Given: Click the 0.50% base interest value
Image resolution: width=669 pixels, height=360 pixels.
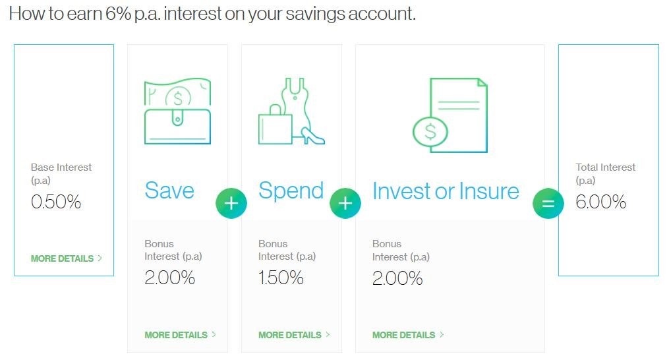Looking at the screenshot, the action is pos(56,202).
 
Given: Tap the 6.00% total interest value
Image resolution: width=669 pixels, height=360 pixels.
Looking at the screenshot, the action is pos(600,202).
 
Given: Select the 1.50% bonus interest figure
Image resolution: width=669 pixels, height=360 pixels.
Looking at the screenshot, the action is pos(281,278).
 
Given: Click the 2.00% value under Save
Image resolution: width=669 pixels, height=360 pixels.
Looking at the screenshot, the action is pos(170,278).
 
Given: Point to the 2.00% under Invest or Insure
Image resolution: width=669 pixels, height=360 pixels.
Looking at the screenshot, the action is pos(397,278).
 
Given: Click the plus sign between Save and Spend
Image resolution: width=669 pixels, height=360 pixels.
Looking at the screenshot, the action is pos(231,203).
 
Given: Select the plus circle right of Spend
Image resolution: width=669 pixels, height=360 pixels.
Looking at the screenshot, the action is pos(345,203).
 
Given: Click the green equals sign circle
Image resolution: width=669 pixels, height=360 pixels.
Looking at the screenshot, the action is pos(548,203).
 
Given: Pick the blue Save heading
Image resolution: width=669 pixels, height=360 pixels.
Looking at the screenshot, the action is pos(169,191).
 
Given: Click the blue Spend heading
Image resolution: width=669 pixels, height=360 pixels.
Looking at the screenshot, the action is pos(291,191).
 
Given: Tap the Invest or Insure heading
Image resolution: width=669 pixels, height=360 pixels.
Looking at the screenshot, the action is pos(446,191).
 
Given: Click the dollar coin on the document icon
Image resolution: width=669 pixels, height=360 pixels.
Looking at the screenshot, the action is pos(430,131).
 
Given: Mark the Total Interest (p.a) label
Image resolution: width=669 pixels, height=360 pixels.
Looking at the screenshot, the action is pos(606,173).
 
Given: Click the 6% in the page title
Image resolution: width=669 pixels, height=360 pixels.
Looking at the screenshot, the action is pos(118,13).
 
